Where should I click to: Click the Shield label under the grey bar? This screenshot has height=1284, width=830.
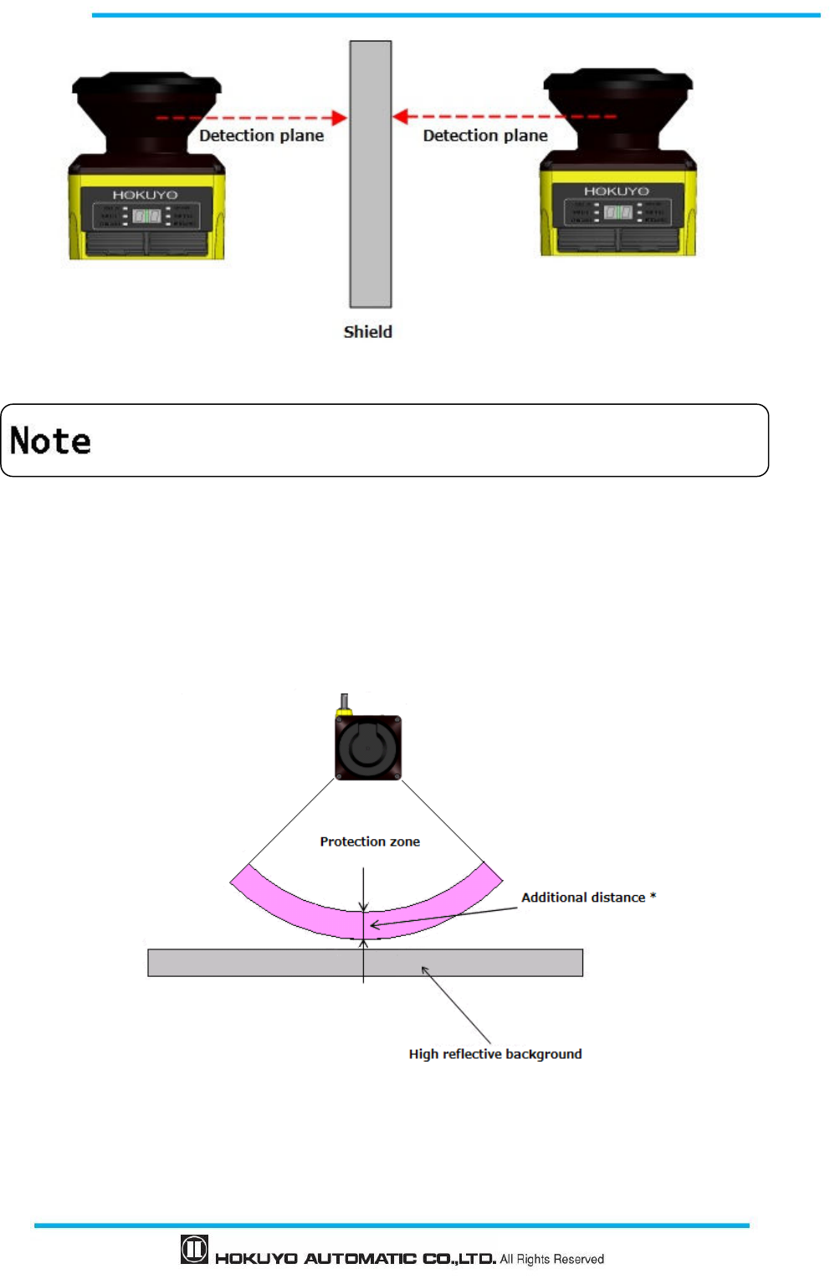pos(367,332)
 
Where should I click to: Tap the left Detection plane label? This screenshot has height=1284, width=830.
pos(261,136)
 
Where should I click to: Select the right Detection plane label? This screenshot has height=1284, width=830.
pos(485,136)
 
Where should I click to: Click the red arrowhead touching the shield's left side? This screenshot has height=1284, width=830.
pos(339,117)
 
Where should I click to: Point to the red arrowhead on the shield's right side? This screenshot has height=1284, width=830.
pos(401,116)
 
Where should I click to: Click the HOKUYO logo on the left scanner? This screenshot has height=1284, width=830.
pos(146,195)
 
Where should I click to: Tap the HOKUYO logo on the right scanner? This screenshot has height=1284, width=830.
pos(617,192)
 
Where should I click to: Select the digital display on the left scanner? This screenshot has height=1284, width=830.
pos(146,216)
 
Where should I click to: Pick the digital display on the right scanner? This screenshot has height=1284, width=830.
pos(617,212)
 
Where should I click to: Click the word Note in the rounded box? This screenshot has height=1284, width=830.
pos(50,441)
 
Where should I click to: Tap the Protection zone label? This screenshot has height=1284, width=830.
pos(370,842)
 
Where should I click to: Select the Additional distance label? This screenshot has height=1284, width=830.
pos(583,898)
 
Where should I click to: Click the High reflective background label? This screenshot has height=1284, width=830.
pos(495,1054)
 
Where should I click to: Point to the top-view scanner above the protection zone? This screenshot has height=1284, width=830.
pos(368,747)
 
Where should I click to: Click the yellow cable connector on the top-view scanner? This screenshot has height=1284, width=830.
pos(343,711)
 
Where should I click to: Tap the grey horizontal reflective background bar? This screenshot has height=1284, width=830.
pos(251,963)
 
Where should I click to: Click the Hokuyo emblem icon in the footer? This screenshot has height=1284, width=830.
pos(194,1250)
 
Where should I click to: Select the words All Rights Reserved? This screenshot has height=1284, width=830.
pos(552,1259)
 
